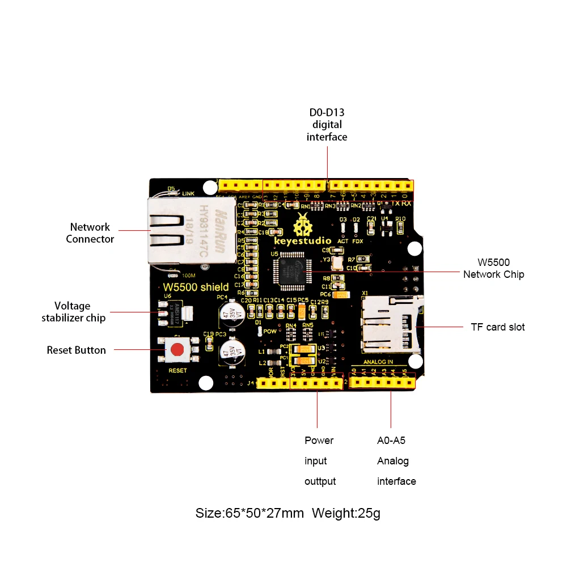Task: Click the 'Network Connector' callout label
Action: coord(90,233)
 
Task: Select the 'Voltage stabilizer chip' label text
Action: coord(73,312)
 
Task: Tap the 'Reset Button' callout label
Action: coord(76,350)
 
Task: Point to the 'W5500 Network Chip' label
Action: coord(493,268)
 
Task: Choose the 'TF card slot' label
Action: coord(497,327)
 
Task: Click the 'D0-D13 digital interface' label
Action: coord(327,125)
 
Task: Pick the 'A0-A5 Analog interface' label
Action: coord(396,460)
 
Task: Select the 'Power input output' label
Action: coord(320,460)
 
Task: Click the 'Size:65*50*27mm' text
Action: coord(249,514)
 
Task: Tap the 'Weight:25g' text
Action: coord(346,514)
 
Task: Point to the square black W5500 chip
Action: coord(293,268)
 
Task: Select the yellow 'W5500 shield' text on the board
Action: coord(196,287)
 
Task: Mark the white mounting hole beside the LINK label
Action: coord(210,187)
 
